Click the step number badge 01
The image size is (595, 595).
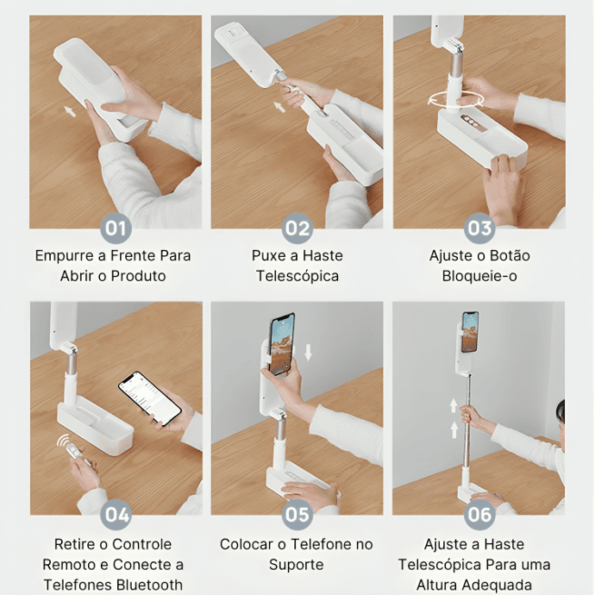[116, 227]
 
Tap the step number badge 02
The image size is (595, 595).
[297, 227]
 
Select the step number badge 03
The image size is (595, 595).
[479, 227]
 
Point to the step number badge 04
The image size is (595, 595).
[116, 515]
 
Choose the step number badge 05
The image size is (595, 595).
[297, 515]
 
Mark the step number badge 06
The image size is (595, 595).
[479, 515]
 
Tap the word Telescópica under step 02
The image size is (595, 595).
[297, 276]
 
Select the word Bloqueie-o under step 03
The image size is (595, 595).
[479, 276]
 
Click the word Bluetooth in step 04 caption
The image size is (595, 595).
[148, 585]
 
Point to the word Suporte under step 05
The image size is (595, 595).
[297, 565]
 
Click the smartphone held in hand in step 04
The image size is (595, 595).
[149, 397]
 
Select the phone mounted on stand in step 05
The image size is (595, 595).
[282, 344]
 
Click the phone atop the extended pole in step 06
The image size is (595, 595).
[470, 332]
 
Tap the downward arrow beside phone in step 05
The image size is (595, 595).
[309, 352]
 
